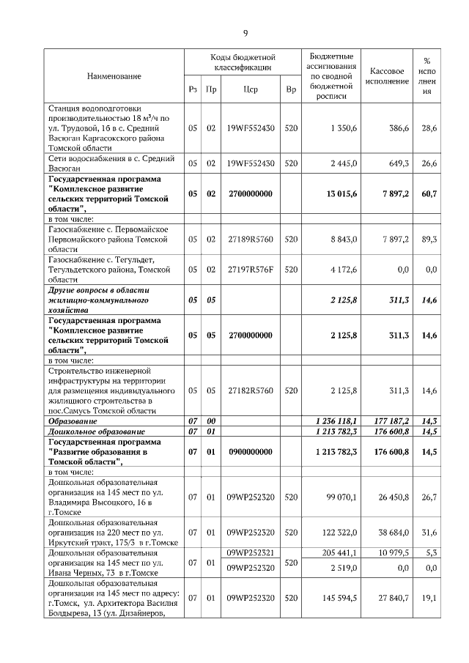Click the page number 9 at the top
coord(245,33)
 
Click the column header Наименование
coord(114,76)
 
